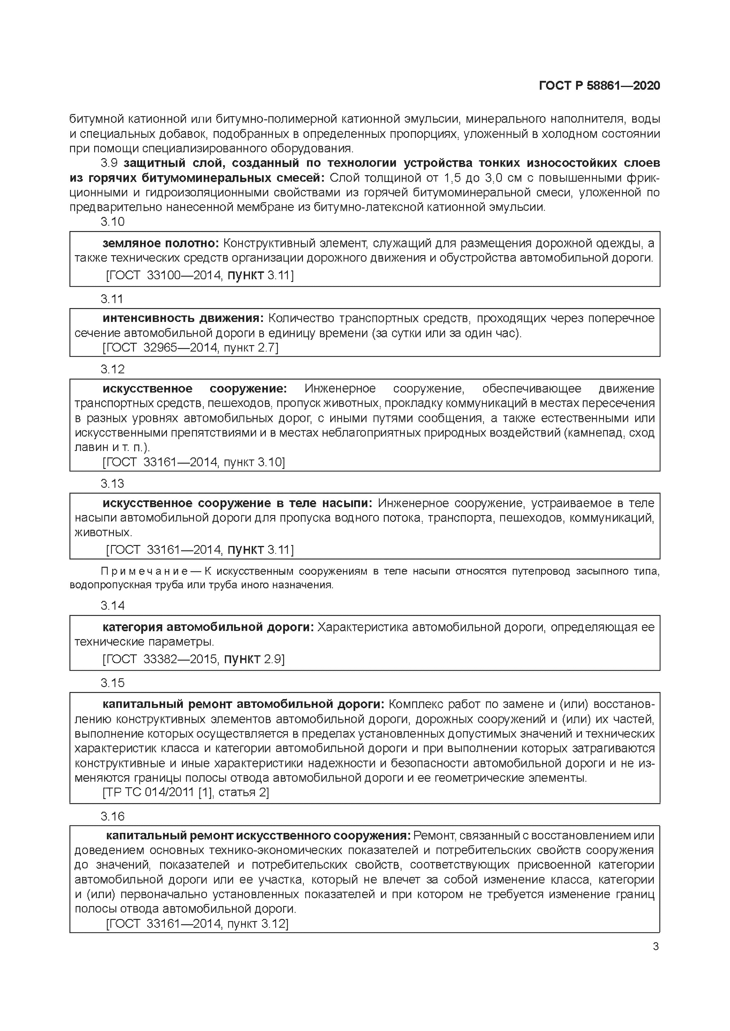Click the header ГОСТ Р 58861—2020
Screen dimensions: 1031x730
coord(599,86)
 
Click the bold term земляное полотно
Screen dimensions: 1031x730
coord(160,243)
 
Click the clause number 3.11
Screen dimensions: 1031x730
coord(112,299)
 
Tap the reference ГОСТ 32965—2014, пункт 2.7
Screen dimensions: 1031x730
coord(190,347)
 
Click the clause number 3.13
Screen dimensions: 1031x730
coord(112,483)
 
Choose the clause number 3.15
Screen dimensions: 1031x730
coord(112,683)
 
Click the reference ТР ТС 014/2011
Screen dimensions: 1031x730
coord(149,792)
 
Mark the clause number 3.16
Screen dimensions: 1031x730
coord(112,816)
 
